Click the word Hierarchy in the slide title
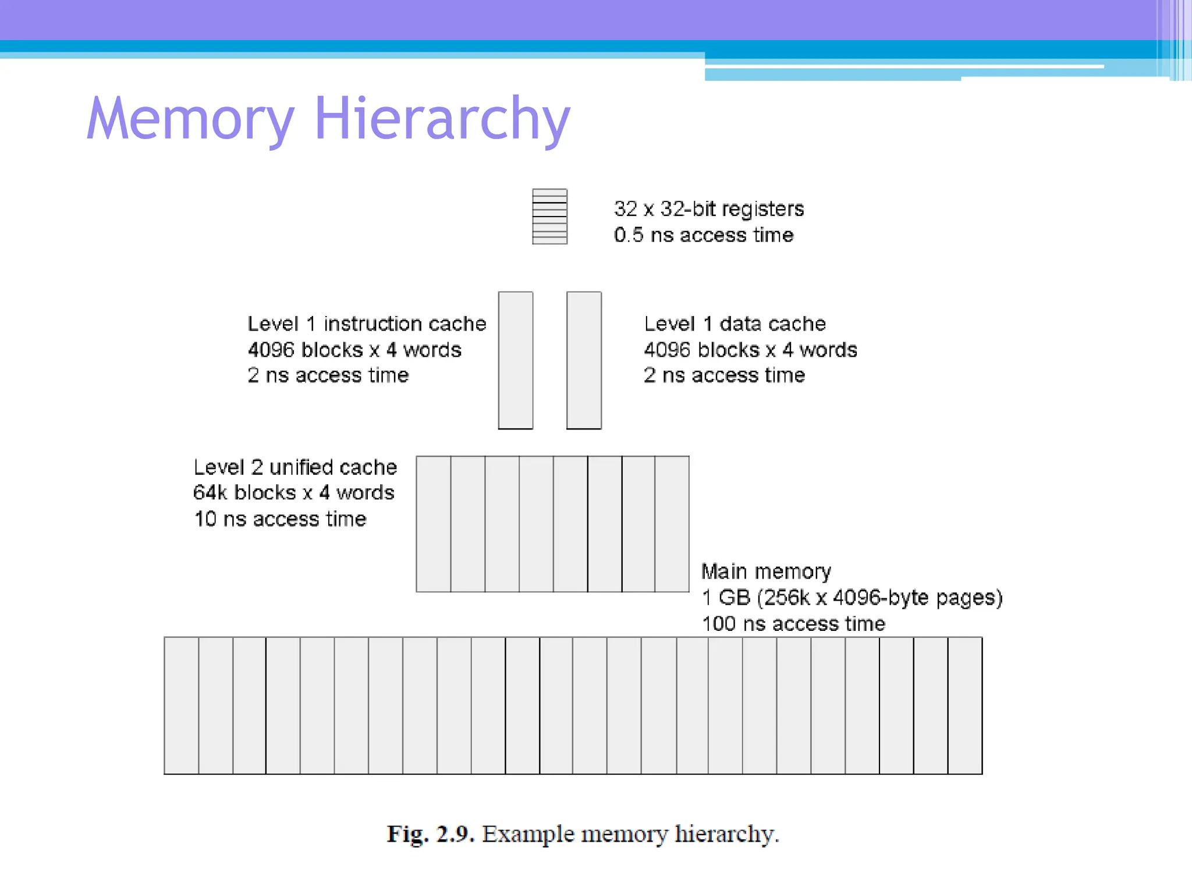point(442,119)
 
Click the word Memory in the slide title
point(190,119)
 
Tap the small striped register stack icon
point(549,217)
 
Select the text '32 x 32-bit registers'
point(709,208)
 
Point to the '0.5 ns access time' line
point(704,235)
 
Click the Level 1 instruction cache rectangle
point(515,360)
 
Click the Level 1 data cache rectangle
point(584,360)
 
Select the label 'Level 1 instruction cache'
point(367,324)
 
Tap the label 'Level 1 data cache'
point(735,324)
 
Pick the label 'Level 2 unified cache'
point(295,467)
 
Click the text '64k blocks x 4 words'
point(294,492)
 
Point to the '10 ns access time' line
point(281,519)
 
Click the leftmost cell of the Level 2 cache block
point(434,524)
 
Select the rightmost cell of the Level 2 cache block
point(672,524)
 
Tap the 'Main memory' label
point(766,572)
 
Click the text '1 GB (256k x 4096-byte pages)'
point(852,597)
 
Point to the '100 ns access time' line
point(793,623)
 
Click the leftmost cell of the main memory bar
point(182,705)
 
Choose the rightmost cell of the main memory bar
point(965,705)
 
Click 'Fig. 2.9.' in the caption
point(431,834)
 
